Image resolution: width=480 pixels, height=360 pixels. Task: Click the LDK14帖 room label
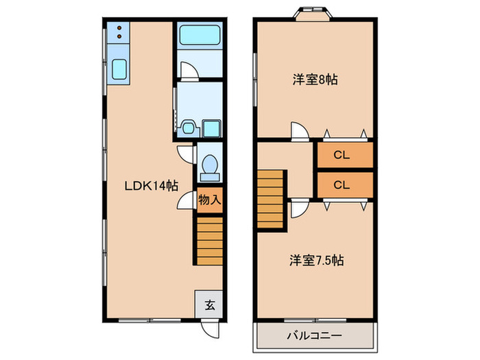click(152, 185)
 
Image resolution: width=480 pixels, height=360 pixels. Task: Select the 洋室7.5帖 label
click(316, 261)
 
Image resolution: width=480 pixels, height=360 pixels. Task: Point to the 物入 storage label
click(209, 200)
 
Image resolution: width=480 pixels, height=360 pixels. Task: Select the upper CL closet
click(344, 155)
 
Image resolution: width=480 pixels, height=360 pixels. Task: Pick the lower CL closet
click(344, 184)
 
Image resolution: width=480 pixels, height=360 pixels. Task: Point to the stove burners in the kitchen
click(118, 32)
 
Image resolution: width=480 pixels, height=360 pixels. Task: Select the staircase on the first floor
click(209, 237)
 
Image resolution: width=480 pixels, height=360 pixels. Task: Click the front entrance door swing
click(206, 326)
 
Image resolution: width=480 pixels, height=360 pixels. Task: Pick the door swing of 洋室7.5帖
click(298, 208)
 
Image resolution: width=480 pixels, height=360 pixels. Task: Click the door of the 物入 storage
click(185, 201)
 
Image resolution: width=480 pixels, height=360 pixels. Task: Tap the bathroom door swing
click(187, 70)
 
